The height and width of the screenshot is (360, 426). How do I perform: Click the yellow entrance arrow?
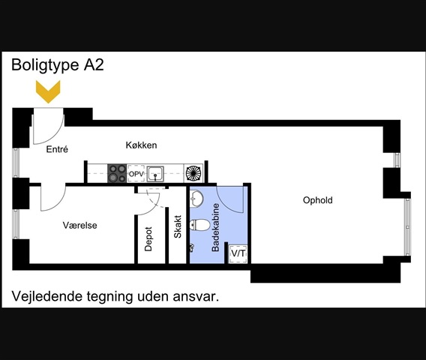pos(48,91)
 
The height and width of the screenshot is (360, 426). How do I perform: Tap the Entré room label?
pos(57,149)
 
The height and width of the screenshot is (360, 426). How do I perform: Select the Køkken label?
pos(141,145)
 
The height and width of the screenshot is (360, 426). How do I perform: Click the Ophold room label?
pos(317,200)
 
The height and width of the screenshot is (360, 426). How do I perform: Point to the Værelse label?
pos(79,225)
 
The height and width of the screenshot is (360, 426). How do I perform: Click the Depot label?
pos(148,239)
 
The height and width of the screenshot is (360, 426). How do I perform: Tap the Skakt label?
pos(178,226)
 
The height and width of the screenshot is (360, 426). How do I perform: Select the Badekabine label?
pos(215,227)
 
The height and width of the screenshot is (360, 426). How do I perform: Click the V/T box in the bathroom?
pos(238,253)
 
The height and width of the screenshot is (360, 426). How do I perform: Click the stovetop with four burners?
pos(117,173)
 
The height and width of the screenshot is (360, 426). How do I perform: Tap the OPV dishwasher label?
pos(136,173)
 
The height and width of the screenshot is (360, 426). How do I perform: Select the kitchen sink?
pos(155,174)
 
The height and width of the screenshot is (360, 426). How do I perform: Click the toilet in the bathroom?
pos(200,225)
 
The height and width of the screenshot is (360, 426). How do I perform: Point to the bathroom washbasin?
pos(196,198)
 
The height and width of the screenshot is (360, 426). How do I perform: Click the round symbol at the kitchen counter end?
pos(193,173)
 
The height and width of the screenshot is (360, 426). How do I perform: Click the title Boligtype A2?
pos(58,65)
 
